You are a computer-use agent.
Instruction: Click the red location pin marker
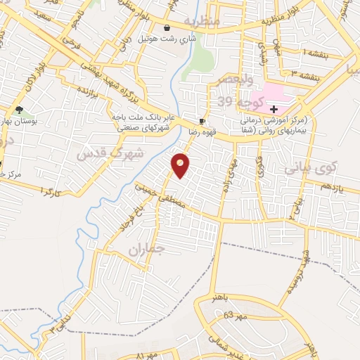pos(181,165)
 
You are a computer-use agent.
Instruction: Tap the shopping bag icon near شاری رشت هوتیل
pos(167,27)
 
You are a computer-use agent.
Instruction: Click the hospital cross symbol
pos(274,109)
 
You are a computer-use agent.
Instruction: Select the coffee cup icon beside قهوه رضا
pos(202,121)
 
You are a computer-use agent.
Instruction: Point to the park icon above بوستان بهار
pos(19,110)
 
